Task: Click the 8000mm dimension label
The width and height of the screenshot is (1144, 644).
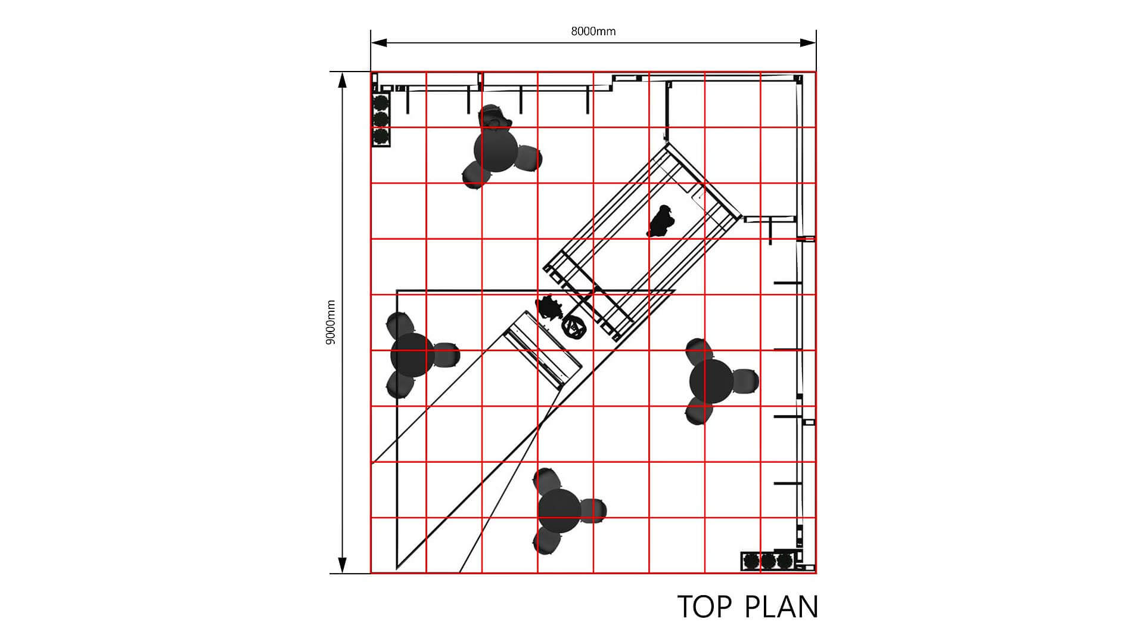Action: [x=593, y=31]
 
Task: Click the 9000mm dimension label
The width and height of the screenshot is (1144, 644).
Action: [x=331, y=322]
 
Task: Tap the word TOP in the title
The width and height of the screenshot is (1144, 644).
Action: [x=705, y=606]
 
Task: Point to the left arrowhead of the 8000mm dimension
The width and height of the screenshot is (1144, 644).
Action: [x=379, y=42]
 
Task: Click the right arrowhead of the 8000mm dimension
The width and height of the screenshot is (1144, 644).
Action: [x=808, y=42]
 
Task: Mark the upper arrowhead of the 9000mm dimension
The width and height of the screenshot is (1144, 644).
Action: [x=342, y=80]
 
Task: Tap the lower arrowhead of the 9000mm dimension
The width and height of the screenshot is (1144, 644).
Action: [x=342, y=565]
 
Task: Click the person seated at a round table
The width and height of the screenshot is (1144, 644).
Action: [x=493, y=117]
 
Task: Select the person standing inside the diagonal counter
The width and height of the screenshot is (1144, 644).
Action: [x=660, y=221]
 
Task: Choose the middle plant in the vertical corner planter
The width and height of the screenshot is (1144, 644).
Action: [x=381, y=119]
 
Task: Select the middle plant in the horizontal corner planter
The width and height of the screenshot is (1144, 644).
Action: [x=769, y=561]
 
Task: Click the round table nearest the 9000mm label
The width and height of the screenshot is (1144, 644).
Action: [x=412, y=355]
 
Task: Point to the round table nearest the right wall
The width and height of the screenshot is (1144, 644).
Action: [x=711, y=380]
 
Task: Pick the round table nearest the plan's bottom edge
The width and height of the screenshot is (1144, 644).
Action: [x=559, y=510]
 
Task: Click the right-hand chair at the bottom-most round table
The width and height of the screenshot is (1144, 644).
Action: [x=593, y=511]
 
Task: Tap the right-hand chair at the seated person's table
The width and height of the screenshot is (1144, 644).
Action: [x=528, y=159]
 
